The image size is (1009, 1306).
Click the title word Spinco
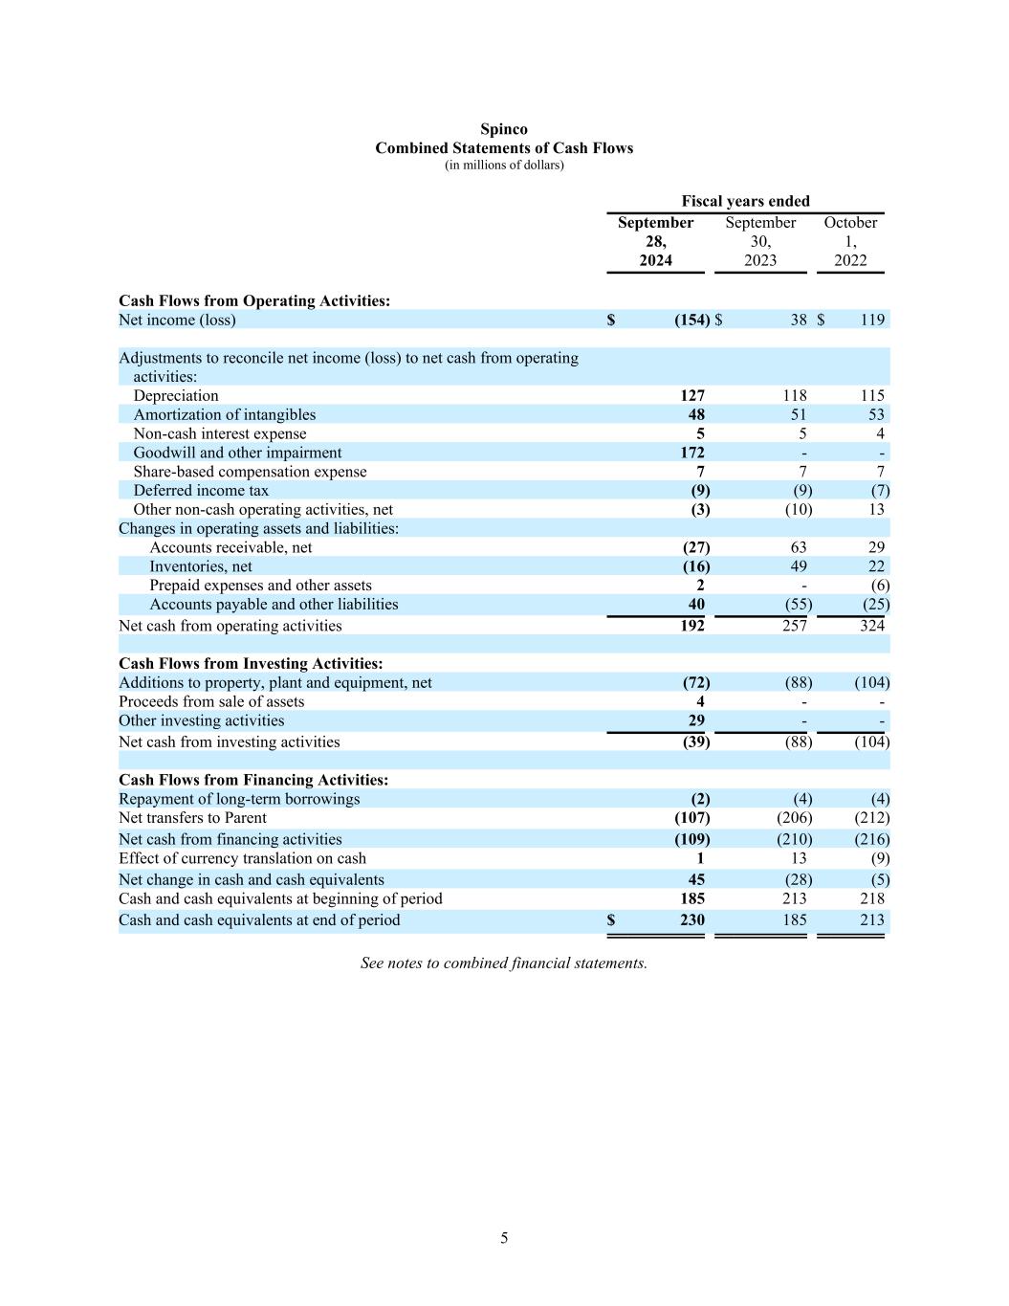pos(504,129)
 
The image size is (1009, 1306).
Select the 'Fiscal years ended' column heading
pos(745,201)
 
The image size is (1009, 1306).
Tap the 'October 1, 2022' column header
pos(850,241)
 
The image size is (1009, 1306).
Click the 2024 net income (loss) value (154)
pos(691,320)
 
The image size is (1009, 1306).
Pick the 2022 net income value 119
pos(872,320)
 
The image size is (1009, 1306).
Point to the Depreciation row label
pos(176,395)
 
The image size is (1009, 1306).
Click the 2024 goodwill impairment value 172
pos(692,453)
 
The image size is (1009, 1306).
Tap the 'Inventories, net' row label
pos(201,566)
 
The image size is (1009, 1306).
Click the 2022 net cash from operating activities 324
pos(871,626)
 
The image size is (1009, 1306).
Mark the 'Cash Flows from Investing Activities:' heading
pos(251,663)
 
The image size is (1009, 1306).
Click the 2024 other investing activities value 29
pos(696,720)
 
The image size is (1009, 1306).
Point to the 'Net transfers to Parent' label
pos(192,818)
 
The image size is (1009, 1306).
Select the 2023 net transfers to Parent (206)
pos(794,818)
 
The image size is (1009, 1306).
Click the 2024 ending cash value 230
pos(692,919)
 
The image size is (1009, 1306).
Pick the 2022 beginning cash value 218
pos(872,898)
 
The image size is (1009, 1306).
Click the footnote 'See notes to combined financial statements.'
pos(504,963)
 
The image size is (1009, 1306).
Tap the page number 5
pos(504,1238)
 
